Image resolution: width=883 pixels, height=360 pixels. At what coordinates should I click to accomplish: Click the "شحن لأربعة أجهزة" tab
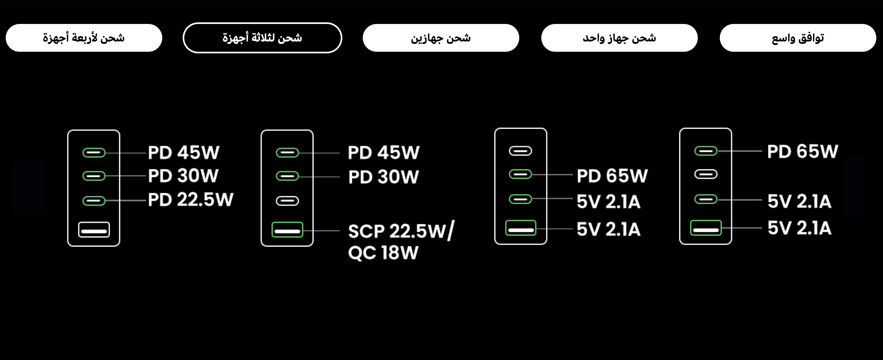point(84,38)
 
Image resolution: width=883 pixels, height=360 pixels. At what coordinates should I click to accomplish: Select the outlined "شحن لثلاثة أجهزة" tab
point(262,38)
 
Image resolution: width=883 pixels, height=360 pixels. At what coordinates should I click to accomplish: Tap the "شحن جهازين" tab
point(441,38)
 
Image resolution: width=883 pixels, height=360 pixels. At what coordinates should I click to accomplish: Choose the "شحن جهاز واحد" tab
point(620,38)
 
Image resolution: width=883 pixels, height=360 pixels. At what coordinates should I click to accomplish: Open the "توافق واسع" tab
point(798,38)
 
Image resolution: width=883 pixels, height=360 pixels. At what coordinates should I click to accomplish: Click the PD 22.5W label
point(191,200)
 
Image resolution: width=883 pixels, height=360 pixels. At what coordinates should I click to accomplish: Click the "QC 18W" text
point(383,253)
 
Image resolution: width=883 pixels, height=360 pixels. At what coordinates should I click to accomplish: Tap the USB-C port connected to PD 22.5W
point(94,201)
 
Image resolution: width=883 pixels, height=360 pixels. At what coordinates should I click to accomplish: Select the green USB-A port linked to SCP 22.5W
point(287,230)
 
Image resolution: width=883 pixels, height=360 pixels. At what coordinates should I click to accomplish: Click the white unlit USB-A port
point(94,230)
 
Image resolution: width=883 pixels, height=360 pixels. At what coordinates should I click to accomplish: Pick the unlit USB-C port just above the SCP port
point(287,201)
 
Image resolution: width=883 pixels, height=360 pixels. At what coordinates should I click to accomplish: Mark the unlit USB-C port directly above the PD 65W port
point(520,151)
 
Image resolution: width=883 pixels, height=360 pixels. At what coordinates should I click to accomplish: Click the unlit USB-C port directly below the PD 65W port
point(706,174)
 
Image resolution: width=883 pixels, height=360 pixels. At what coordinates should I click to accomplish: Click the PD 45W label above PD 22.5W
point(184,153)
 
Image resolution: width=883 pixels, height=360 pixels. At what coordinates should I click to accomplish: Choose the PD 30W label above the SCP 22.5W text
point(384,177)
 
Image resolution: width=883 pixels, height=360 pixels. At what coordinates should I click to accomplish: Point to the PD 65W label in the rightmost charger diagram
point(803,151)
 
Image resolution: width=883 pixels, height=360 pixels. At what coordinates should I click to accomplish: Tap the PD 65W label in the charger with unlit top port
point(612,176)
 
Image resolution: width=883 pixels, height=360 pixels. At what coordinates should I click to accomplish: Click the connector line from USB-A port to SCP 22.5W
point(321,230)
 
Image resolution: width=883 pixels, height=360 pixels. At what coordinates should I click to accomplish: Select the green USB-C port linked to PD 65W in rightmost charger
point(706,151)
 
